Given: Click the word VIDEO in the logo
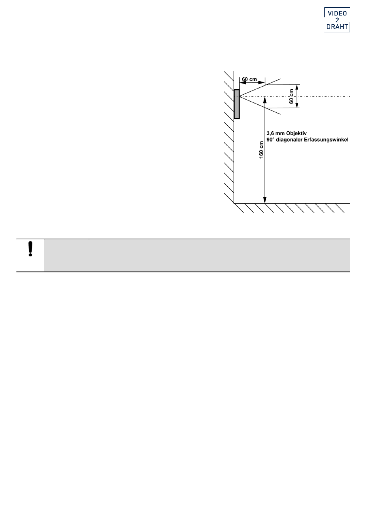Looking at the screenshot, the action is pyautogui.click(x=337, y=13).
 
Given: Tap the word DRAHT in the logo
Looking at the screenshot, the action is pyautogui.click(x=337, y=27).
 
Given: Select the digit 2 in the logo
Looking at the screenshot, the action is pyautogui.click(x=337, y=20).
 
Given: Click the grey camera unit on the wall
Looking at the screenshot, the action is pyautogui.click(x=237, y=104).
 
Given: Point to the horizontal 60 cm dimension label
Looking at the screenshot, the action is pyautogui.click(x=249, y=79).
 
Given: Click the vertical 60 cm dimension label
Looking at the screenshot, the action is pyautogui.click(x=291, y=96).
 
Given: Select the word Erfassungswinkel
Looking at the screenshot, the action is pyautogui.click(x=328, y=140).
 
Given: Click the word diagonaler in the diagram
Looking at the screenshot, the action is pyautogui.click(x=289, y=140).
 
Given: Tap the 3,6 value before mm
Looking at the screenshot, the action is pyautogui.click(x=270, y=133).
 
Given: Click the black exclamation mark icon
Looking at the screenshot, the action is pyautogui.click(x=30, y=249).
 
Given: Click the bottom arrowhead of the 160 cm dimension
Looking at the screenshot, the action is pyautogui.click(x=265, y=200).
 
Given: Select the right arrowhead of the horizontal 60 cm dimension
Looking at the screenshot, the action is pyautogui.click(x=262, y=82).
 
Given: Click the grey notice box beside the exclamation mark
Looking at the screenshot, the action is pyautogui.click(x=196, y=255).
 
